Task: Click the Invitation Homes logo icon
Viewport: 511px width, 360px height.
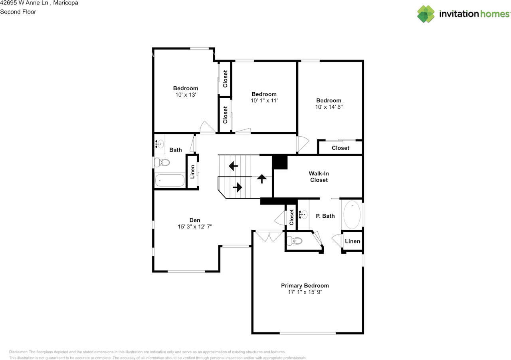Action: coord(426,14)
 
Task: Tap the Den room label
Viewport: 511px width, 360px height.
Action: coord(195,220)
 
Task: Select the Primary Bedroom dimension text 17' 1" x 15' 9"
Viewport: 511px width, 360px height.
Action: coord(305,292)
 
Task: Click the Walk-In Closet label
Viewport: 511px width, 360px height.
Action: coord(319,177)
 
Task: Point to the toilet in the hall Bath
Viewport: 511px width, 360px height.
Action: coord(162,163)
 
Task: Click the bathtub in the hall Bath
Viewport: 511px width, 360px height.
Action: coord(170,180)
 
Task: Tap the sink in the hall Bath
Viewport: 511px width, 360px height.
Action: coord(160,144)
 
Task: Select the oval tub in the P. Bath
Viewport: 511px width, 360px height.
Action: coord(352,215)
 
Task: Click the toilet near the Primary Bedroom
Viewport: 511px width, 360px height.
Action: coord(295,241)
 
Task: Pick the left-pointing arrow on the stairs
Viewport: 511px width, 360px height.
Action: coord(233,165)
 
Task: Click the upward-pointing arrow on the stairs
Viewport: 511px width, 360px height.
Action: coord(262,179)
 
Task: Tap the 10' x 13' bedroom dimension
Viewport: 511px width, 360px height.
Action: coord(185,95)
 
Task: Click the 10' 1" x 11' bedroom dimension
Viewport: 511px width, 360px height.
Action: coord(264,101)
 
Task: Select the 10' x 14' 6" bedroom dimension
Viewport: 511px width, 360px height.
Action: coord(329,107)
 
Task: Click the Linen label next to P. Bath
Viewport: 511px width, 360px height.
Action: coord(352,241)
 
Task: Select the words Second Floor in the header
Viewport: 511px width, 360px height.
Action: coord(18,12)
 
